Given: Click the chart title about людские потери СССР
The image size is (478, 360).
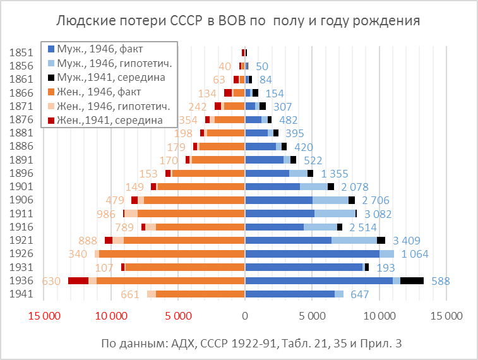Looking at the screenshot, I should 239,21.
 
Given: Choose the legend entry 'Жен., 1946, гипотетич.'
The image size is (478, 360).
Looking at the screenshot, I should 114,105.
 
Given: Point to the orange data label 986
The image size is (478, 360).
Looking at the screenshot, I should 105,213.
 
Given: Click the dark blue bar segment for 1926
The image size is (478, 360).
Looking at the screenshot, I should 312,254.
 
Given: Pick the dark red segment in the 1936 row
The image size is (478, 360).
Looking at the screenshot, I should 78,280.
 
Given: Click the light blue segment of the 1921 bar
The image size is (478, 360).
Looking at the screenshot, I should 354,240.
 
